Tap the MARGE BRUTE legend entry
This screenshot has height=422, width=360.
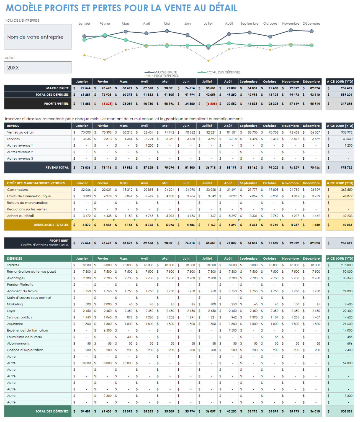(x=165, y=72)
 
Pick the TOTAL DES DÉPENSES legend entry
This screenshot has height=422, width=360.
(x=223, y=72)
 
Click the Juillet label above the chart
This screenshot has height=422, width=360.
(x=208, y=24)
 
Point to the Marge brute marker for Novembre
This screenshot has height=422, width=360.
(x=291, y=30)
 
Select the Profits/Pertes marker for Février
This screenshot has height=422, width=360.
(x=105, y=60)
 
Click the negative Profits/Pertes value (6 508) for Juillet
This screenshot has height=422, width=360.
(x=212, y=104)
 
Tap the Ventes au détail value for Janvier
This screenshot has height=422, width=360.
(x=86, y=132)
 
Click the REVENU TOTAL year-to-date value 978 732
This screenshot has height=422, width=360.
(x=346, y=168)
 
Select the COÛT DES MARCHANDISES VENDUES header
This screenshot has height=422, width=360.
(x=36, y=183)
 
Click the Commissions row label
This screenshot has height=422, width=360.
(x=18, y=190)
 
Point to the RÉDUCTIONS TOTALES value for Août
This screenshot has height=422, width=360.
(x=232, y=225)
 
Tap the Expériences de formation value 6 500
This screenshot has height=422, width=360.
(x=107, y=331)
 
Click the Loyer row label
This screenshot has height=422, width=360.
(x=11, y=311)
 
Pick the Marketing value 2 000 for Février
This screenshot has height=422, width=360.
(x=107, y=304)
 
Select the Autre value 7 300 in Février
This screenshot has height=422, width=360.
(x=107, y=396)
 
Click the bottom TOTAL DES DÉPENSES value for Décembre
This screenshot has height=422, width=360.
(x=315, y=411)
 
